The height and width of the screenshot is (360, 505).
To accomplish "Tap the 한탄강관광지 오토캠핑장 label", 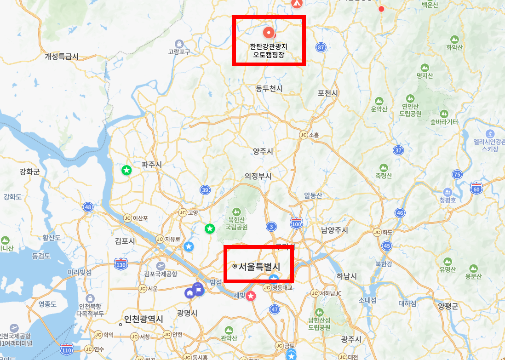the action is tap(269, 51).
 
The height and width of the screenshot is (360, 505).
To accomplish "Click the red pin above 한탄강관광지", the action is tap(268, 32).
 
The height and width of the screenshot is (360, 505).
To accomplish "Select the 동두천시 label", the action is tap(269, 88).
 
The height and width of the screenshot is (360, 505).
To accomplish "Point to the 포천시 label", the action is tap(327, 93).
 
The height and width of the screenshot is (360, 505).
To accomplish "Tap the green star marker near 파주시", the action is tap(126, 170).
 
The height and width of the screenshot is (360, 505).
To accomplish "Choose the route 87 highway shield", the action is tap(321, 47).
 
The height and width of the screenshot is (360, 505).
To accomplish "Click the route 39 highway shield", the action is tap(205, 190).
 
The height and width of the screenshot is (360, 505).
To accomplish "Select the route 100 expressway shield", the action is tap(297, 224).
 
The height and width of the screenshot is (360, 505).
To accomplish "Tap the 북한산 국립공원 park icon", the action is tap(236, 212).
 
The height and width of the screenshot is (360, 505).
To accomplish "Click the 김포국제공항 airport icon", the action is tap(161, 266).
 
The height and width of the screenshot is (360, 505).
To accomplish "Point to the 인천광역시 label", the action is tap(143, 320).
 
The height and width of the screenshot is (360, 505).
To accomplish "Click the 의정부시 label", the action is tap(258, 176).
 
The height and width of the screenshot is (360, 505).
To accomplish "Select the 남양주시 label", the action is tap(334, 230).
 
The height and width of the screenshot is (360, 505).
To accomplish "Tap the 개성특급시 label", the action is tap(62, 57).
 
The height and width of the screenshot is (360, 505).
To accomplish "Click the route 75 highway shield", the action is tap(457, 174).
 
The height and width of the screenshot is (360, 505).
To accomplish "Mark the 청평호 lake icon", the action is tap(447, 191).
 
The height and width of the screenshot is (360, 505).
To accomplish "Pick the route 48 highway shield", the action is tap(88, 207).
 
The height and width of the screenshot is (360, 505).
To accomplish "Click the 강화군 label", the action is tap(30, 172).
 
